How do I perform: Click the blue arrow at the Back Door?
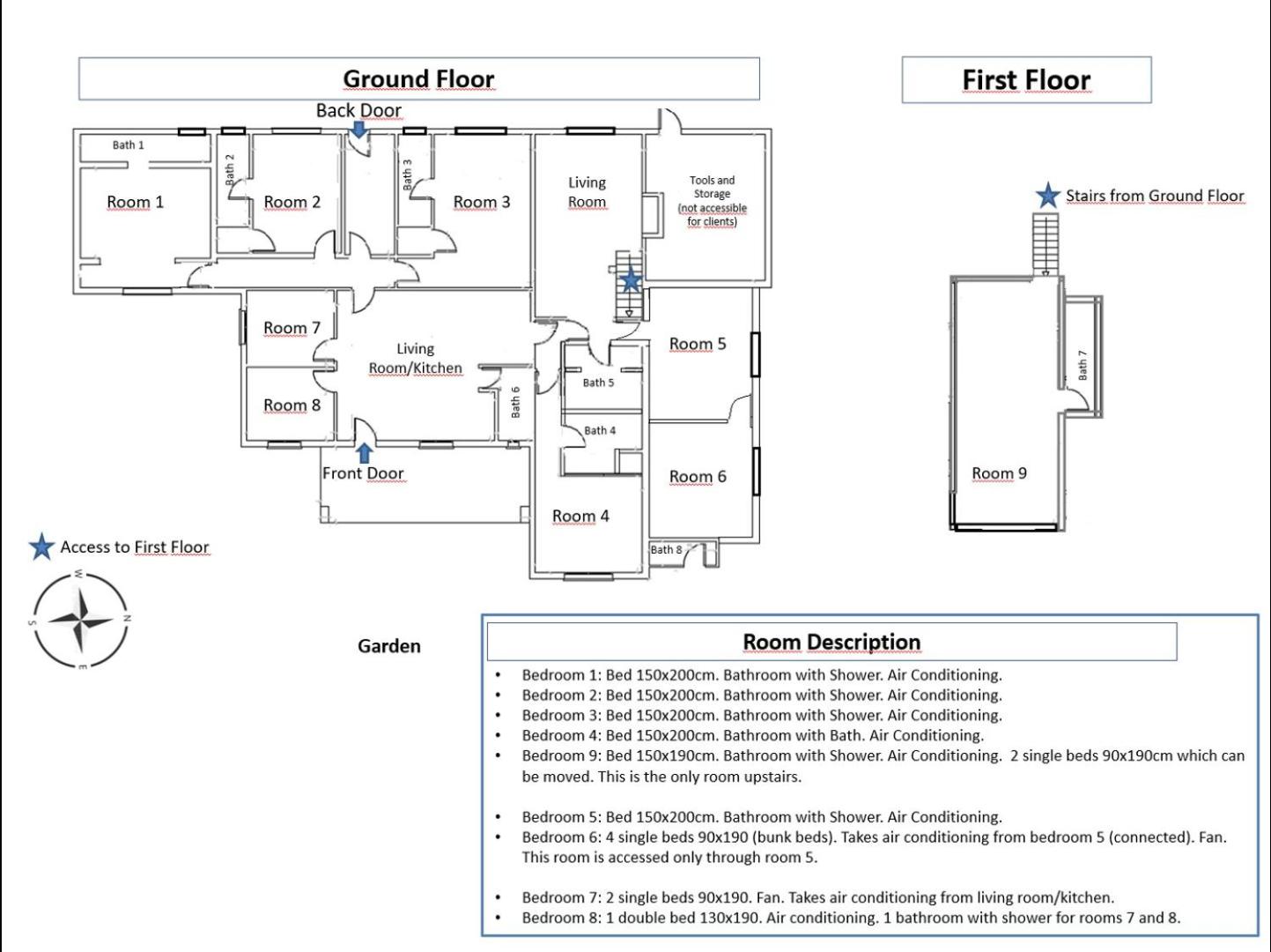[359, 130]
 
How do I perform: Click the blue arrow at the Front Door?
[365, 453]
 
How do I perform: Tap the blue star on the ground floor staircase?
[630, 281]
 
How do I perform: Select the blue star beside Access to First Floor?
[41, 547]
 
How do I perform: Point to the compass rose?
[80, 621]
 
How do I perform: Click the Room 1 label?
[136, 202]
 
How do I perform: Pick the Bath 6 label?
[515, 402]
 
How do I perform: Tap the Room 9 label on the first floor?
[999, 472]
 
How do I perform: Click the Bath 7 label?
[1083, 365]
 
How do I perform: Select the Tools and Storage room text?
[712, 200]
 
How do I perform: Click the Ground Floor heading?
[418, 78]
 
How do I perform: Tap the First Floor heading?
[1026, 80]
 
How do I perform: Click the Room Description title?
[831, 642]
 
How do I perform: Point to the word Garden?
[389, 646]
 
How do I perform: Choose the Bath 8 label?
[666, 549]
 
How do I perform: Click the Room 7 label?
[292, 327]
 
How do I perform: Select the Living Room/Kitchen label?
[415, 358]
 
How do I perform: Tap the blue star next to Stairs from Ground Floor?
[1047, 196]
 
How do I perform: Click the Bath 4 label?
[600, 430]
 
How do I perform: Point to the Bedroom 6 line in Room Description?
[875, 847]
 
